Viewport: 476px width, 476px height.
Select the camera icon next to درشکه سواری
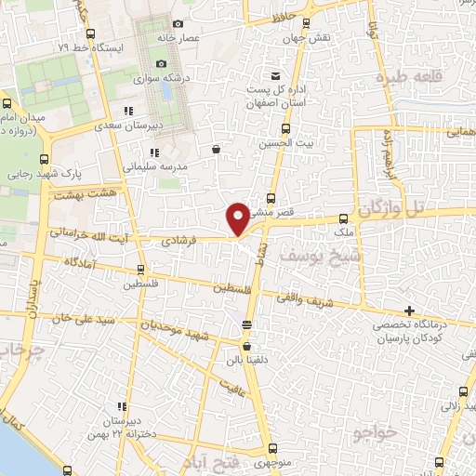pyautogui.click(x=161, y=64)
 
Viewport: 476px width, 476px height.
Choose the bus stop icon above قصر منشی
pyautogui.click(x=271, y=198)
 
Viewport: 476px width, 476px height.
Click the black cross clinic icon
pyautogui.click(x=409, y=311)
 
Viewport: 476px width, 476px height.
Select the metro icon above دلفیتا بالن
pyautogui.click(x=245, y=325)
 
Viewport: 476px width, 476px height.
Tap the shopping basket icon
pyautogui.click(x=216, y=149)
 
